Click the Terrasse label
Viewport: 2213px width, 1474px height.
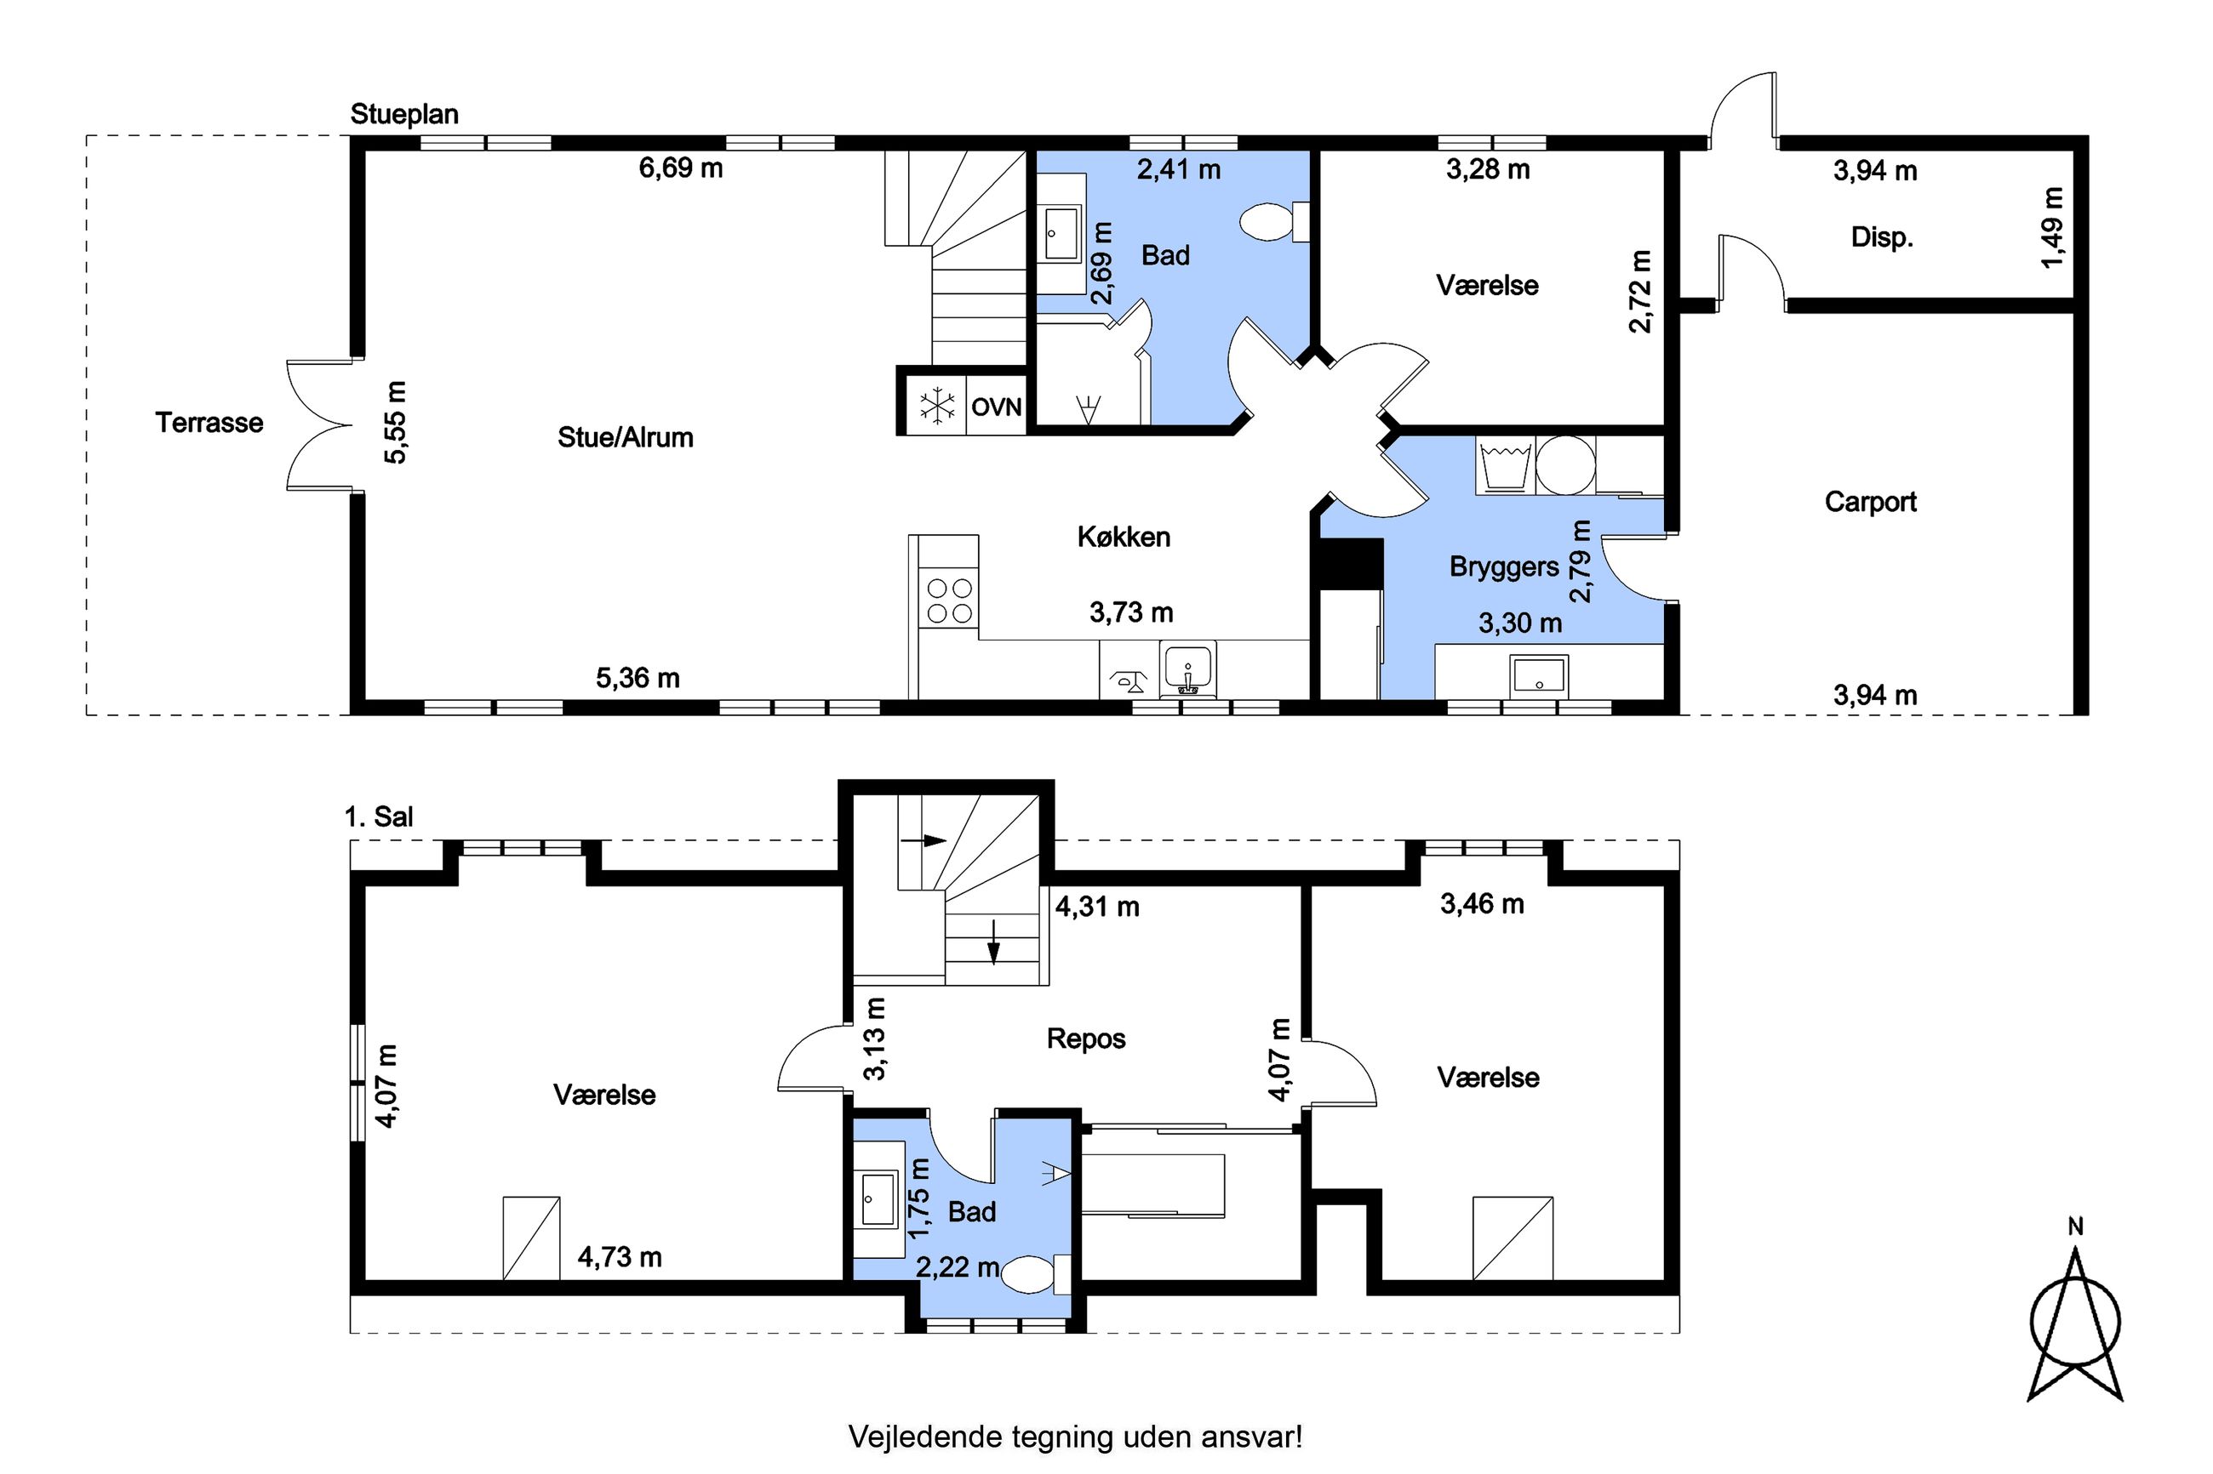click(x=209, y=423)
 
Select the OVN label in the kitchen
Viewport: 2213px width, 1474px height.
click(x=996, y=407)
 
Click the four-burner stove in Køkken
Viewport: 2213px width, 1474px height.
click(x=949, y=600)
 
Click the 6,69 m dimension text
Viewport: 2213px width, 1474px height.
click(x=681, y=168)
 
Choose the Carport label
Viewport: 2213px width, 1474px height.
click(x=1870, y=502)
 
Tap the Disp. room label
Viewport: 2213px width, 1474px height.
click(x=1882, y=237)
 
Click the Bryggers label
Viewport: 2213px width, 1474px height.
click(x=1504, y=566)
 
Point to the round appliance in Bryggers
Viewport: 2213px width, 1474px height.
click(x=1566, y=464)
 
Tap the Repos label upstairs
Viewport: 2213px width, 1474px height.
click(x=1086, y=1039)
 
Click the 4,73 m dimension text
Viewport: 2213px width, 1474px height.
click(x=620, y=1257)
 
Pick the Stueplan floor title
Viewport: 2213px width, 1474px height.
click(x=404, y=115)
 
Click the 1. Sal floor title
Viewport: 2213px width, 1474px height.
click(x=378, y=816)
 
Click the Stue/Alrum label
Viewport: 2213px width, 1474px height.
click(x=626, y=437)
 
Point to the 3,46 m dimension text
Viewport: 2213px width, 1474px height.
click(x=1482, y=904)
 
